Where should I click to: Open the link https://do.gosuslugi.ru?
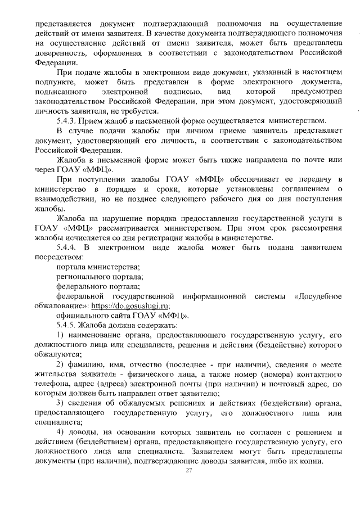click(x=130, y=305)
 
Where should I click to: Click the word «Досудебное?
click(x=317, y=295)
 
